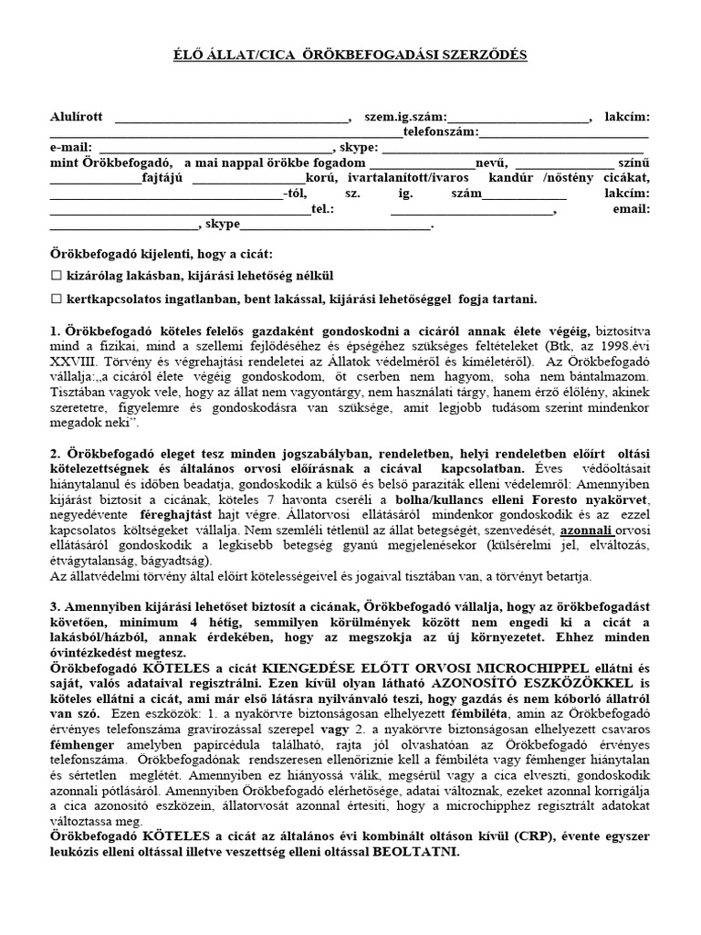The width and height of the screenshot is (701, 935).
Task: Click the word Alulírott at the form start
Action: click(x=78, y=117)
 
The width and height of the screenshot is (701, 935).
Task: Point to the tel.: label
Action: click(x=323, y=209)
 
